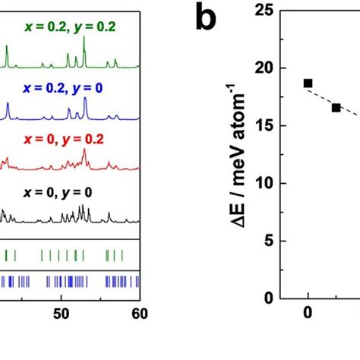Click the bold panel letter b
pyautogui.click(x=207, y=20)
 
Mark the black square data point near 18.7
pyautogui.click(x=308, y=84)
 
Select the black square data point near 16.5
pyautogui.click(x=336, y=108)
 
